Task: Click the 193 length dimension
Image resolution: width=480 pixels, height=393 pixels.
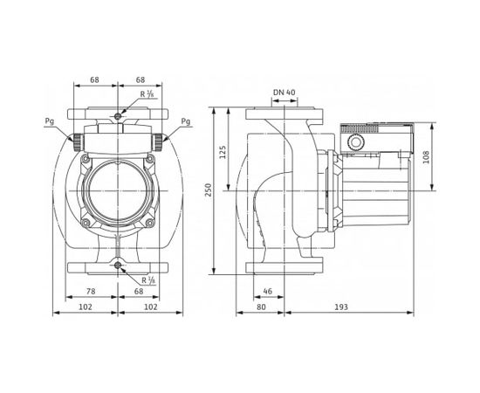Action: tap(343, 308)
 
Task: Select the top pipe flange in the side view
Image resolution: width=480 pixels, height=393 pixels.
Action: tap(280, 114)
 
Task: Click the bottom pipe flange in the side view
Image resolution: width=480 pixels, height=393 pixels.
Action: tap(280, 265)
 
